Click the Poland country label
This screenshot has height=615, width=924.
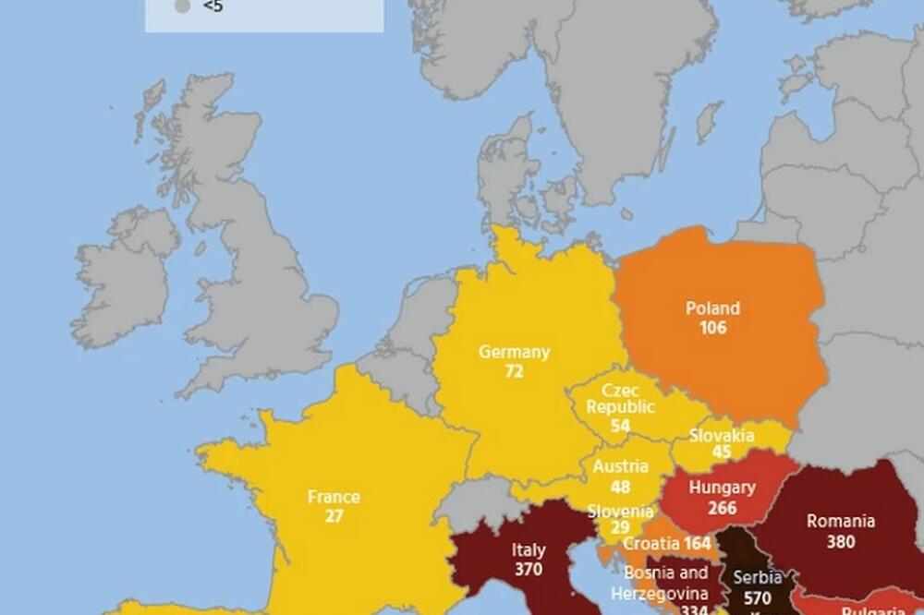pos(712,308)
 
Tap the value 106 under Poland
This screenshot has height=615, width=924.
pos(712,328)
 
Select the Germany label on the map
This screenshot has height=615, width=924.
pos(514,352)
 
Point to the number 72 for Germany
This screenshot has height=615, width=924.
pos(514,371)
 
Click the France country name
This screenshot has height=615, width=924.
pos(334,497)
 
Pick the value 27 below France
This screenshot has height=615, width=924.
pos(334,516)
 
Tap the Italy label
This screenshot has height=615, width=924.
pos(528,551)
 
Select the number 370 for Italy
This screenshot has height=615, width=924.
pos(528,571)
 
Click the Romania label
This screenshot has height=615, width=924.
pos(840,522)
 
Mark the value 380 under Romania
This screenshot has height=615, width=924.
pos(840,542)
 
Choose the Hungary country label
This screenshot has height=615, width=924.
pos(723,488)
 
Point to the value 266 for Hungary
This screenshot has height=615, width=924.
pos(723,507)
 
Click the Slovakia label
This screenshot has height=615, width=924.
pos(722,435)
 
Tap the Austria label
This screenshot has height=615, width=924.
pos(620,466)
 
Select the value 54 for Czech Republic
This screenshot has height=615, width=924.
pos(621,426)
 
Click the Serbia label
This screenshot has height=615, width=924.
pos(758,578)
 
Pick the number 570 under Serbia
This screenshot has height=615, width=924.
pos(758,597)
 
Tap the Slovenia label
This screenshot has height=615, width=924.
pos(621,512)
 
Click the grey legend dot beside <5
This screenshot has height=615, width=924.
pos(182,7)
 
